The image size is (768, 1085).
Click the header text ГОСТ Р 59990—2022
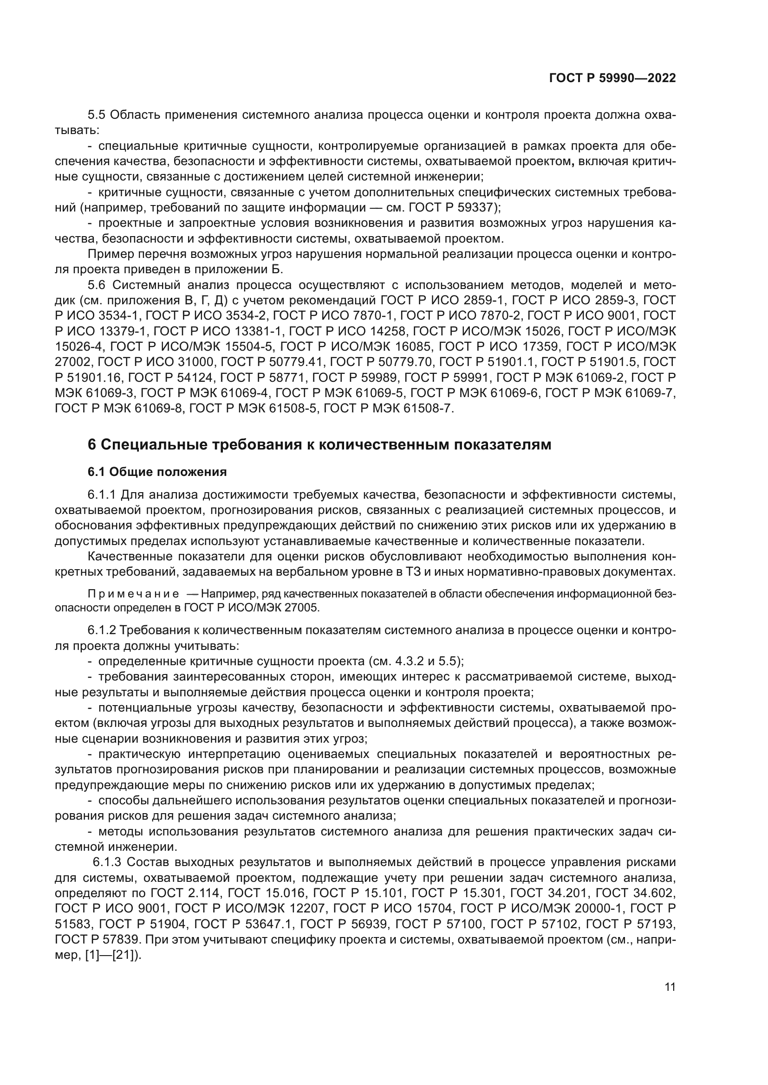612,78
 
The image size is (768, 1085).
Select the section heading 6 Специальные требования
319,445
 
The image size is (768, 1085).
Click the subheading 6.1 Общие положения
157,472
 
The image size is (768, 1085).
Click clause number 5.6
98,285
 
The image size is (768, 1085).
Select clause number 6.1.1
102,495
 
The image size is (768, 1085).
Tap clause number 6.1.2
102,630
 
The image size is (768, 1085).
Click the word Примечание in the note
133,594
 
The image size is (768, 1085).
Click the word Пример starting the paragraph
108,254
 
